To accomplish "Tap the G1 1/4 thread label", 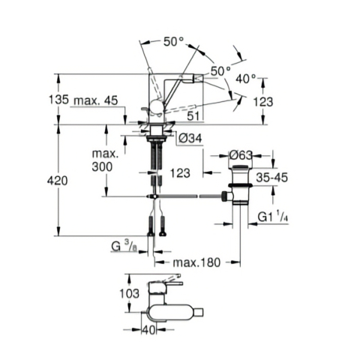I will [x=274, y=217].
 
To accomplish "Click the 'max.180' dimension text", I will [x=196, y=262].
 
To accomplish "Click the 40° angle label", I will [x=246, y=77].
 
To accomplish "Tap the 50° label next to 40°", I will [x=220, y=70].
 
